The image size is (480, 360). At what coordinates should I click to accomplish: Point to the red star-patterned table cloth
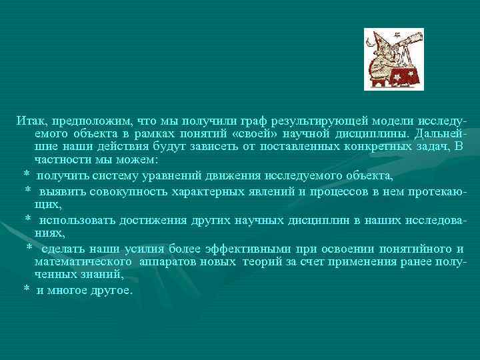406,77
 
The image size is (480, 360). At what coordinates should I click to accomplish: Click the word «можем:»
136,160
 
